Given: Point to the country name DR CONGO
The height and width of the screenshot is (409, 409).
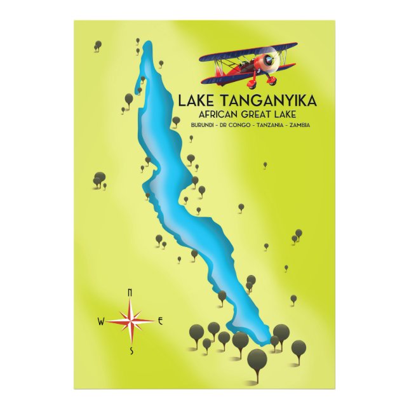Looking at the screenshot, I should coord(231,125).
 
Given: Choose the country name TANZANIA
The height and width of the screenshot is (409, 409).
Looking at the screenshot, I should coord(265,125).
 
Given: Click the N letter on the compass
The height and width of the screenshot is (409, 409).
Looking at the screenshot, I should coord(130,292).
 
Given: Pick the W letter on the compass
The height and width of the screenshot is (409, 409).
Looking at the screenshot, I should coord(100,321).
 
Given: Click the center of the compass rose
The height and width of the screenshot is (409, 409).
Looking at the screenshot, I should coord(131,320).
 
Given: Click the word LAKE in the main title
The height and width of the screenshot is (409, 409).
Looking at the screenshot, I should coord(198,100).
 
